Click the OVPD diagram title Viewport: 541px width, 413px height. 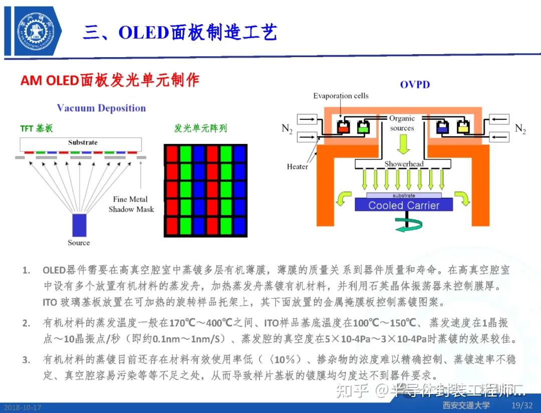click(x=414, y=85)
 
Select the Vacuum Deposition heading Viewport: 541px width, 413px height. click(x=101, y=108)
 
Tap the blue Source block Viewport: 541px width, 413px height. click(x=79, y=225)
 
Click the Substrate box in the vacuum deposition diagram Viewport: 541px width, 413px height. click(x=83, y=144)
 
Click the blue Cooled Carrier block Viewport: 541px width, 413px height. click(x=403, y=204)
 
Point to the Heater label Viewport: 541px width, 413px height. click(x=297, y=166)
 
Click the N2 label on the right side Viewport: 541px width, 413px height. click(x=520, y=129)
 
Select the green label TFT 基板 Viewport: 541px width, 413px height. click(x=37, y=128)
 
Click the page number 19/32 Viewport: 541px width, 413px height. click(x=521, y=405)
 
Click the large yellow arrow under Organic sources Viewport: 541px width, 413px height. click(x=403, y=144)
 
